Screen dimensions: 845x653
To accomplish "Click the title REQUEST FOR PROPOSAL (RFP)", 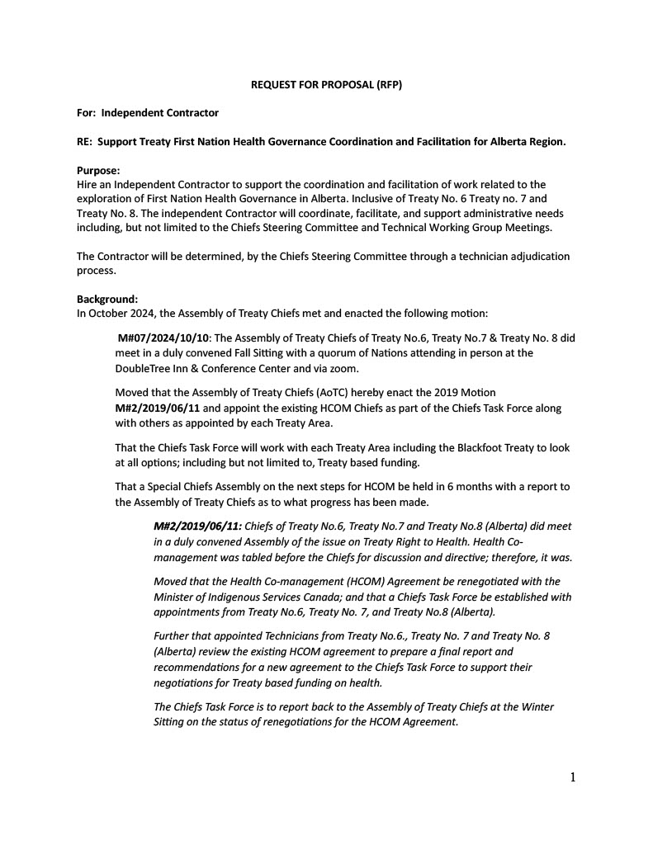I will tap(326, 85).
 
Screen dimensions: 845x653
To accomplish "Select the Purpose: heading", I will tap(98, 171).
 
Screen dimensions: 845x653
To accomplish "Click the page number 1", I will tap(572, 777).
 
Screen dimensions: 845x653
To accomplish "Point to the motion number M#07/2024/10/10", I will tap(163, 338).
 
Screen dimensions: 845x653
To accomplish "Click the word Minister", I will tap(177, 597).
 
